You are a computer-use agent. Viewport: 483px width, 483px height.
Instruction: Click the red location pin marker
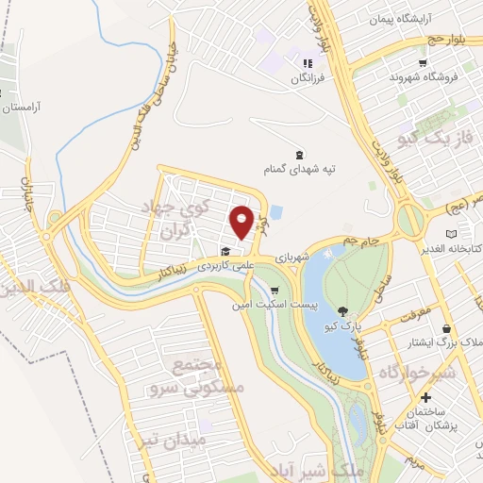[242, 222]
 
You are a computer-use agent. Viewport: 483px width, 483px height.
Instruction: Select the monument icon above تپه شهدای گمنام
[300, 154]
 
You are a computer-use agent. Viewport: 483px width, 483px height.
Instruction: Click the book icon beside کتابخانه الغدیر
[451, 233]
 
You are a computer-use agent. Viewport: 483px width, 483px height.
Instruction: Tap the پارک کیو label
[343, 326]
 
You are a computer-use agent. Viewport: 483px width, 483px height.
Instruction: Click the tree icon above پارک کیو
[342, 311]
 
